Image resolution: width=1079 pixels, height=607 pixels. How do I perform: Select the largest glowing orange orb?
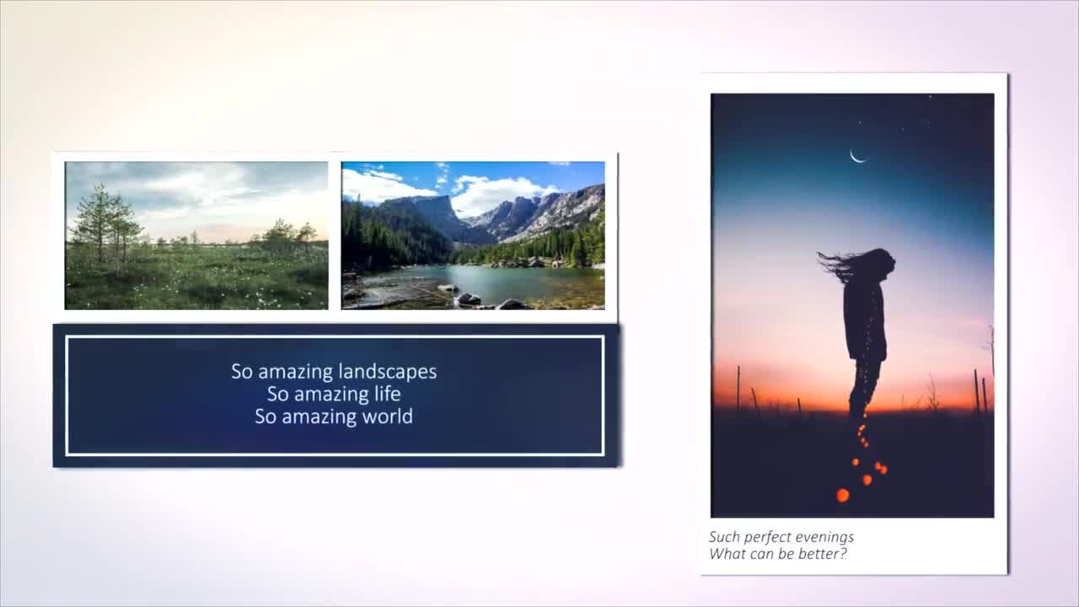coord(842,495)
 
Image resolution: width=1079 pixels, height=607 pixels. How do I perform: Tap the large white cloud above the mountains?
coord(501,194)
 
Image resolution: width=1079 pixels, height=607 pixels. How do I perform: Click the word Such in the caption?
coord(724,537)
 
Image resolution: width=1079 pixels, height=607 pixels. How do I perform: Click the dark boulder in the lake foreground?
coord(469,299)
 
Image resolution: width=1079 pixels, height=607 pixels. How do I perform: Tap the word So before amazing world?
coord(266,416)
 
